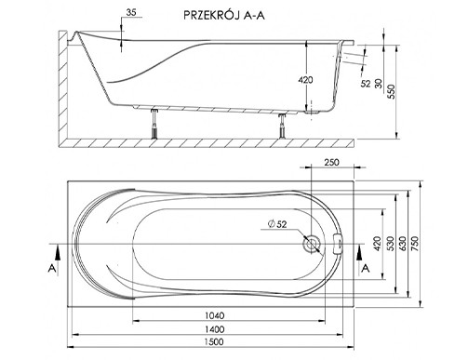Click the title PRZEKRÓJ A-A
click(x=224, y=15)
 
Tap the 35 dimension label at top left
click(x=131, y=12)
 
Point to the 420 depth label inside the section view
click(x=305, y=80)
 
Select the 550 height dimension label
click(x=392, y=91)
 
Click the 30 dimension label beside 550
click(x=379, y=84)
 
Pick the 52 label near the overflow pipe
click(x=366, y=84)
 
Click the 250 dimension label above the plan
click(x=331, y=162)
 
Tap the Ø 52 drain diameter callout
click(x=277, y=224)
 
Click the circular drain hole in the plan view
click(x=311, y=243)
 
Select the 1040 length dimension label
click(x=215, y=315)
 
